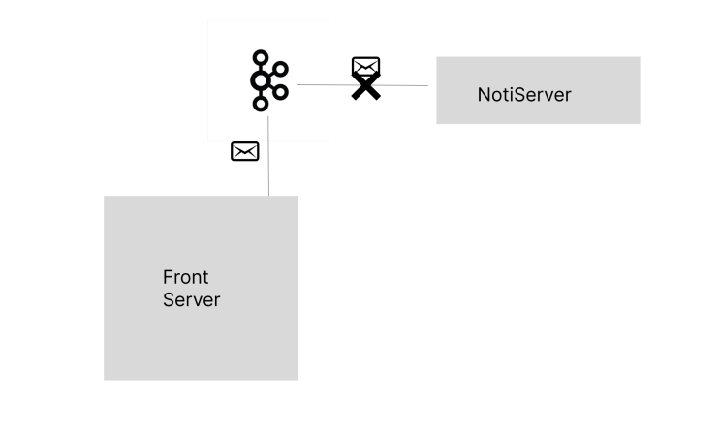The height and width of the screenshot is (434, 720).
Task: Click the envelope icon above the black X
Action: [x=366, y=66]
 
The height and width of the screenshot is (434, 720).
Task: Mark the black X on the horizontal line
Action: [x=366, y=86]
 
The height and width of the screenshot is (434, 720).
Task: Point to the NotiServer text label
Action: [x=524, y=95]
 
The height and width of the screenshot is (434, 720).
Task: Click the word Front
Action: [x=185, y=277]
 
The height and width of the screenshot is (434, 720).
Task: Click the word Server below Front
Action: [x=192, y=300]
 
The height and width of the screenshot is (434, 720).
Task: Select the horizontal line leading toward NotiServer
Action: [x=362, y=85]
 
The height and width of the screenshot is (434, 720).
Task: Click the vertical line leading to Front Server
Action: [x=268, y=156]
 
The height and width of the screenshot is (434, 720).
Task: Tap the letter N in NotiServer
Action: [x=484, y=95]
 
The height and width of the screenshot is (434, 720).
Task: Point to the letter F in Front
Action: [x=168, y=277]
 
